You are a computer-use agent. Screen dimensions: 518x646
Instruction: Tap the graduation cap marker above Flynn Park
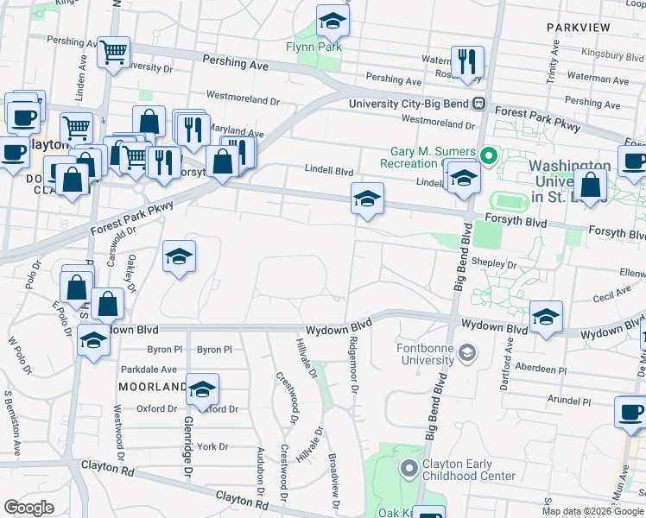coord(332,21)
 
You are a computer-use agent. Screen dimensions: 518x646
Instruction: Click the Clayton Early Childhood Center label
coord(468,470)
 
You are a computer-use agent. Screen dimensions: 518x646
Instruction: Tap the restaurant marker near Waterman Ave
coord(467,61)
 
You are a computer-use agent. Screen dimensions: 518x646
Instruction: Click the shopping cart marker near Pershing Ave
coord(113,53)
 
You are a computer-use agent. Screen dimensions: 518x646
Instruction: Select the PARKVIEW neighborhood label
coord(579,28)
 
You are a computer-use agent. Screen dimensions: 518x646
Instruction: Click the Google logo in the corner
coord(28,508)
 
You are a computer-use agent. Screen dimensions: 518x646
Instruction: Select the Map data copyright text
coord(593,511)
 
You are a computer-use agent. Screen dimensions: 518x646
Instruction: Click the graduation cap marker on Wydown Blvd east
coord(546,317)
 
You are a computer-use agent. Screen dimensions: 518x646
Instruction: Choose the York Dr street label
coord(212,446)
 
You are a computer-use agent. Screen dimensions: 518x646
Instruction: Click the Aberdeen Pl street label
coord(537,370)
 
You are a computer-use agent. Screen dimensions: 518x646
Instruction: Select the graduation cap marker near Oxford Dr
coord(202,390)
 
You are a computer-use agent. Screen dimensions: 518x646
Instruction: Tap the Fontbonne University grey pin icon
coord(467,352)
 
